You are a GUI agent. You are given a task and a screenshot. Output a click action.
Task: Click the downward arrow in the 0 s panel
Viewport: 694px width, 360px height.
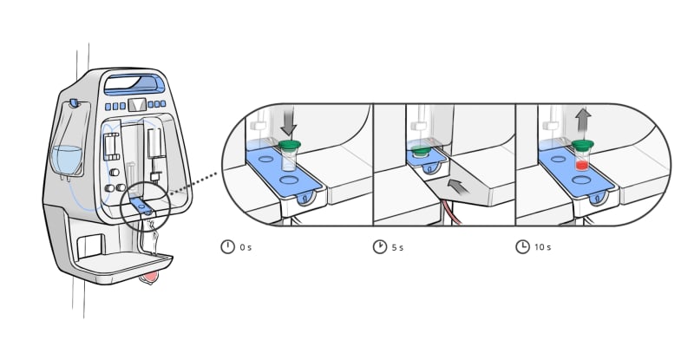(289, 124)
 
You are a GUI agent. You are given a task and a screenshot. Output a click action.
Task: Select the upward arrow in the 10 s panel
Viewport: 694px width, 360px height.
(584, 120)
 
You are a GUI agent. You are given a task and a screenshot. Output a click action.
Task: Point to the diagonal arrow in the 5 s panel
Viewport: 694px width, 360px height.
(458, 187)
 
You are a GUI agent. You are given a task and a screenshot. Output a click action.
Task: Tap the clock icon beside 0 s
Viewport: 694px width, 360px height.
(227, 246)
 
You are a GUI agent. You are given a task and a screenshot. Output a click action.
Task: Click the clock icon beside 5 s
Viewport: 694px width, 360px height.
(380, 246)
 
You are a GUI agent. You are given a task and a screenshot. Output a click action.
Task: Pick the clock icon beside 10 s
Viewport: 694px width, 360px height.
(523, 246)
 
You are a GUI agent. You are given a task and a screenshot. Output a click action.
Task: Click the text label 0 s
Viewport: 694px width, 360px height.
(246, 247)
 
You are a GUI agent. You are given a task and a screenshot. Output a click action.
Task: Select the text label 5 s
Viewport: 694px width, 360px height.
(397, 247)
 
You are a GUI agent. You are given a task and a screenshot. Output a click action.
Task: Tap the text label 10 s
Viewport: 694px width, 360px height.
(543, 247)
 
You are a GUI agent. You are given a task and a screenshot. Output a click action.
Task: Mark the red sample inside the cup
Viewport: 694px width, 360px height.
(581, 166)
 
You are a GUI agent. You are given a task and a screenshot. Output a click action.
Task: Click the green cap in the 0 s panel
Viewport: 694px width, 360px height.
(290, 144)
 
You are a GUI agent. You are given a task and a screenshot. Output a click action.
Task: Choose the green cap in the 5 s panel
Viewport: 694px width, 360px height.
(419, 152)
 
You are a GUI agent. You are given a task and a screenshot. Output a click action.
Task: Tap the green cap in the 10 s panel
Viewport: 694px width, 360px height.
(582, 143)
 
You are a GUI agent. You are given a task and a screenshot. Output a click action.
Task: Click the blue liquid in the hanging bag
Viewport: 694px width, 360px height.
(68, 160)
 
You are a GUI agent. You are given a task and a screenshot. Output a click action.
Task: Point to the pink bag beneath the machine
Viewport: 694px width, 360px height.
(148, 278)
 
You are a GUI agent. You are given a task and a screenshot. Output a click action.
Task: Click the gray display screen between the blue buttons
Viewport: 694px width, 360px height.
(137, 105)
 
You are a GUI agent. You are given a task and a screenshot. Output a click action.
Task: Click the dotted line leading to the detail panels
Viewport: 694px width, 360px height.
(193, 183)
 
